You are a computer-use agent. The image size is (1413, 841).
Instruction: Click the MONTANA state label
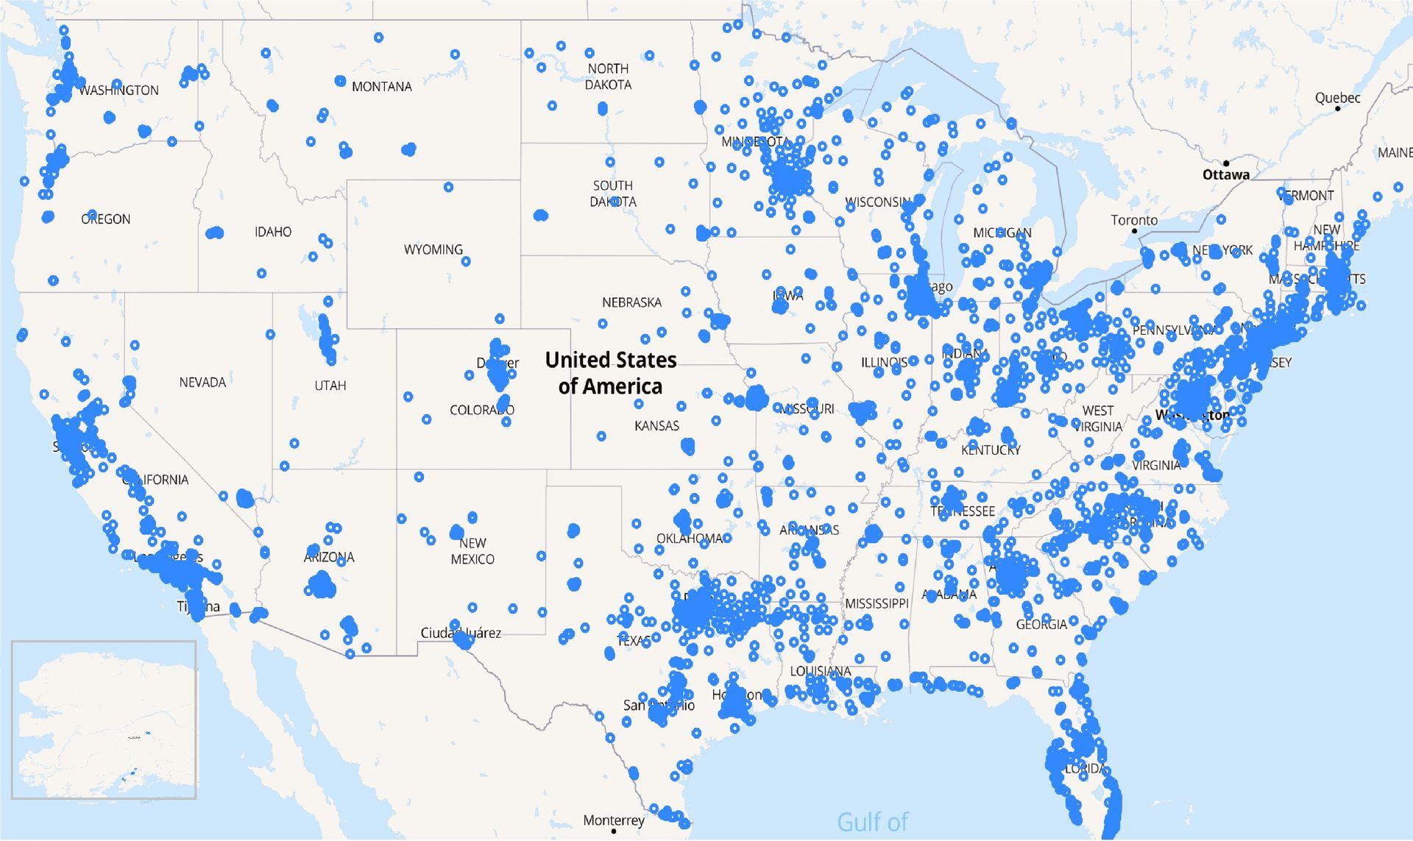tap(381, 87)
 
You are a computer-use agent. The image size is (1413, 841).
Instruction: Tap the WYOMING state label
tap(433, 250)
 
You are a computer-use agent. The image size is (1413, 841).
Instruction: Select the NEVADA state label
tap(202, 383)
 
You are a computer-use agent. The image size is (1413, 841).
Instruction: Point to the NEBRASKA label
tap(631, 302)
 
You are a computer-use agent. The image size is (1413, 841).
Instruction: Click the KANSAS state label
tap(656, 426)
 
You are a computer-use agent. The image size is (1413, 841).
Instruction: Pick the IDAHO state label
tap(273, 233)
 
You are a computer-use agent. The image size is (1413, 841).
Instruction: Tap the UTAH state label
tap(330, 386)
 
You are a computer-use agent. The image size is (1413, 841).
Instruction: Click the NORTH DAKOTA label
tap(608, 77)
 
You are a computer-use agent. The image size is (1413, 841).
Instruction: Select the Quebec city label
tap(1337, 98)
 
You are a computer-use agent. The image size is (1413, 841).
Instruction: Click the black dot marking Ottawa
tap(1226, 163)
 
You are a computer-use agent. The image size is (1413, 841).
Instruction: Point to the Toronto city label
tap(1134, 220)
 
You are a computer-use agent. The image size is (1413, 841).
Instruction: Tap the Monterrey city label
tap(613, 820)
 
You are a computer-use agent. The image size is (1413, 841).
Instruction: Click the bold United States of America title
tap(611, 373)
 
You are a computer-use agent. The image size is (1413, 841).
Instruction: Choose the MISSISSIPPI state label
tap(877, 604)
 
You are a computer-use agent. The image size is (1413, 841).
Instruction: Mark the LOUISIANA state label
tap(821, 671)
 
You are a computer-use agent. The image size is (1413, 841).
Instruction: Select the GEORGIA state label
tap(1041, 625)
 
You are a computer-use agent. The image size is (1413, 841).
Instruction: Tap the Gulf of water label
tap(873, 822)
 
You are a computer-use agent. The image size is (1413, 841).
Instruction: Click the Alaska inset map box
tap(104, 720)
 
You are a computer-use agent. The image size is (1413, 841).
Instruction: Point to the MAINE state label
tap(1395, 153)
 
